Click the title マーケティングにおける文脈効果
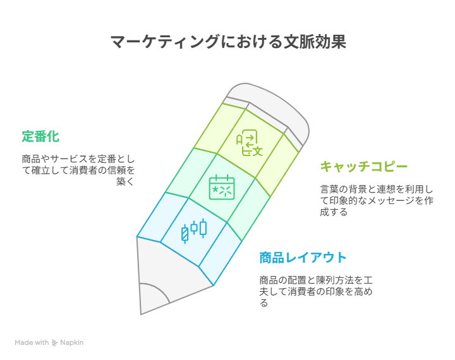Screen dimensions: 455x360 click(x=228, y=42)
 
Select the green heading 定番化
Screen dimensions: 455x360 click(x=40, y=136)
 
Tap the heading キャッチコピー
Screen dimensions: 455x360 click(x=364, y=167)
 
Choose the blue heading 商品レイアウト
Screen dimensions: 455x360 click(x=303, y=258)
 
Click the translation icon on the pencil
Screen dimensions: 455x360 click(x=249, y=143)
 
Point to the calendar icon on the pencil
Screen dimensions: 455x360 click(x=222, y=187)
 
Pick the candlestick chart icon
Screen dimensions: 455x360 click(x=194, y=231)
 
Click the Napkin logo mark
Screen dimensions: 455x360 click(x=54, y=342)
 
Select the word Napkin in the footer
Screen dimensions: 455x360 click(x=71, y=343)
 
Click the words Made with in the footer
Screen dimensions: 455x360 click(x=32, y=342)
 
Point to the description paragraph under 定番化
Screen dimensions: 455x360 click(x=78, y=171)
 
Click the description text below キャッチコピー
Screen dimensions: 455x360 click(x=377, y=200)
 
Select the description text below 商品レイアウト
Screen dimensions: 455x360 click(x=316, y=291)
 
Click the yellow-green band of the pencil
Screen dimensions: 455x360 click(x=246, y=145)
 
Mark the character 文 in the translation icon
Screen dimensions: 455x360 click(x=258, y=151)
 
